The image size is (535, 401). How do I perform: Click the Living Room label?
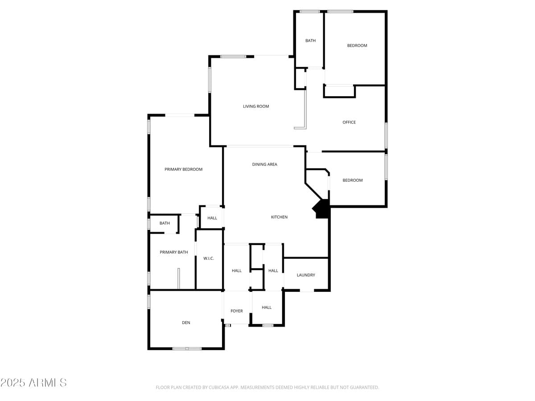pos(256,106)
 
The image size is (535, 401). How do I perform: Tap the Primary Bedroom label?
pos(183,169)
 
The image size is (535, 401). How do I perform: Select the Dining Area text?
pos(264,164)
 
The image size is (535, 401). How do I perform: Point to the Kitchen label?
pos(279,217)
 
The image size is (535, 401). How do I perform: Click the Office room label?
pos(349,122)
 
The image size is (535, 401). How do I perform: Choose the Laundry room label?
pos(306,275)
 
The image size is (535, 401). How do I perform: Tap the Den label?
pos(186,323)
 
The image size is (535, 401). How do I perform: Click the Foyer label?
pos(237,311)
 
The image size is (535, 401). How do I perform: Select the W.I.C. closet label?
pos(209,258)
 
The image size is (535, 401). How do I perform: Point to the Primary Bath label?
pos(174,252)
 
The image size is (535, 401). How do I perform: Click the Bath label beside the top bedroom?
pos(310,41)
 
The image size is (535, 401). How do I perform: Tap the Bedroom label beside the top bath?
pos(357,45)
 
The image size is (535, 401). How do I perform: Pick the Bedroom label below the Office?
pos(353,180)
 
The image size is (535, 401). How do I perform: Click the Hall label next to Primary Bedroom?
pos(212,218)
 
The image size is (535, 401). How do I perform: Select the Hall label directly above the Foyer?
pos(237,271)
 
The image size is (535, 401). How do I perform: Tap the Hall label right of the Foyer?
pos(267,307)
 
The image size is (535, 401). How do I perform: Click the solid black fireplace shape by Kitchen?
pos(322,209)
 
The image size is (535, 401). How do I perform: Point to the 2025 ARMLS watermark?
pos(33,383)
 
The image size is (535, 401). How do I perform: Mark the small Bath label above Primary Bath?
pos(165,223)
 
